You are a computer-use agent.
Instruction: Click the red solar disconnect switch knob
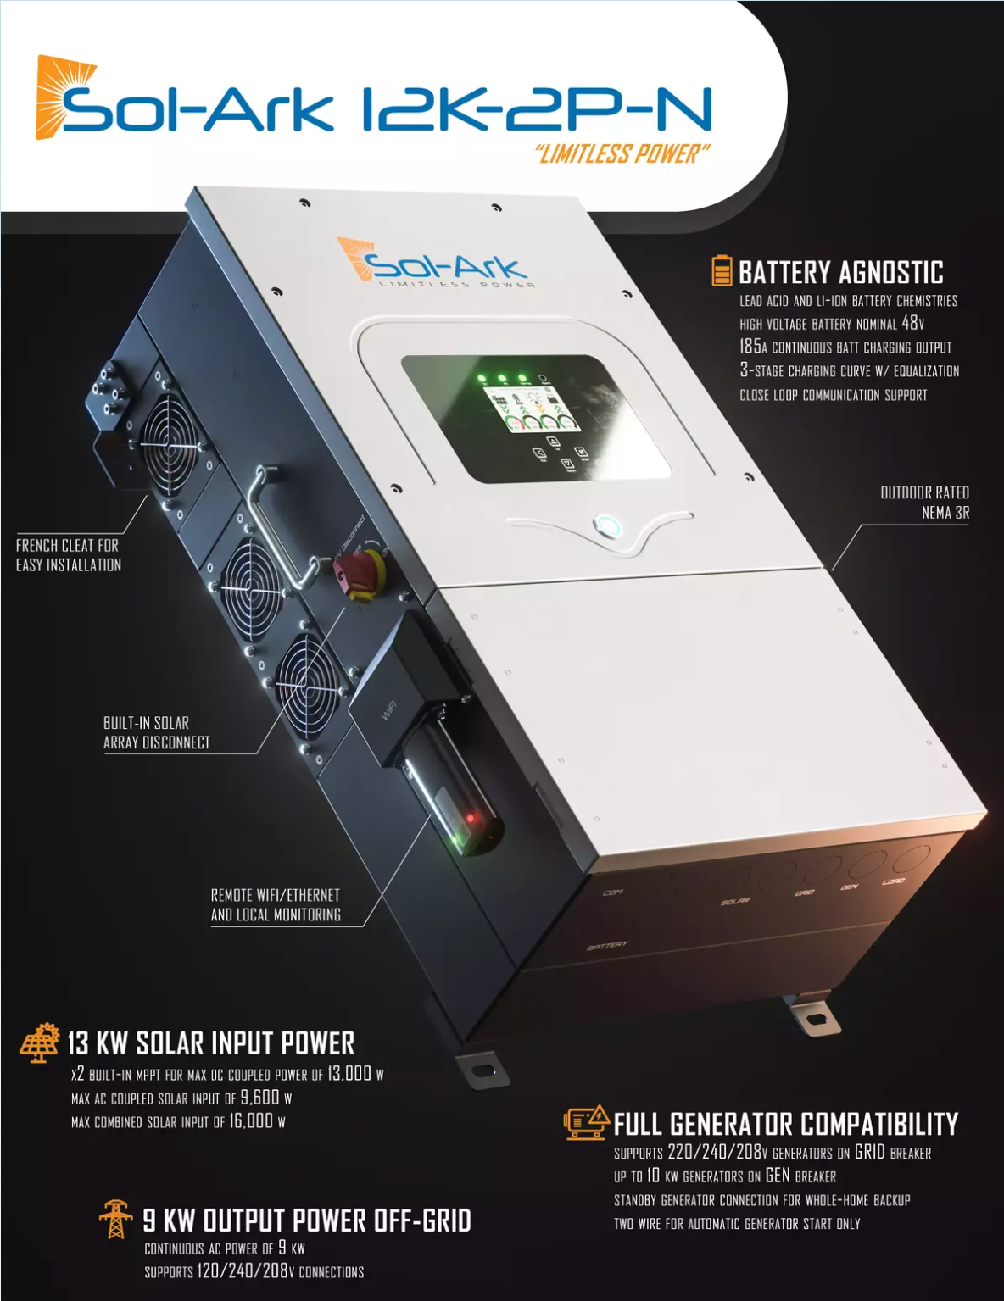click(x=360, y=575)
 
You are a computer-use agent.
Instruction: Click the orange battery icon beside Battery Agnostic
click(x=722, y=270)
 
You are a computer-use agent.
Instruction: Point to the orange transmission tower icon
click(x=115, y=1220)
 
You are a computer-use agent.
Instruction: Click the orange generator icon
click(x=587, y=1122)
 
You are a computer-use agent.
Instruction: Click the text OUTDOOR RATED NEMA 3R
click(x=925, y=503)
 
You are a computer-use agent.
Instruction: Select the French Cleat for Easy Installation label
click(x=69, y=555)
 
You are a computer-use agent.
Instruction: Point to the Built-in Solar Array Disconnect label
click(x=157, y=732)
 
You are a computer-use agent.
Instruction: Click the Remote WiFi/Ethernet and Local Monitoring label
click(x=276, y=904)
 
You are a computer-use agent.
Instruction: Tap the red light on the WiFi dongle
click(x=471, y=817)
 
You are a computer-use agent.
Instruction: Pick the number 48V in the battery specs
click(x=913, y=323)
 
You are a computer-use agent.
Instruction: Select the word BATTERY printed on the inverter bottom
click(x=607, y=945)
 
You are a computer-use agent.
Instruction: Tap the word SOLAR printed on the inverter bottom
click(x=736, y=901)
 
